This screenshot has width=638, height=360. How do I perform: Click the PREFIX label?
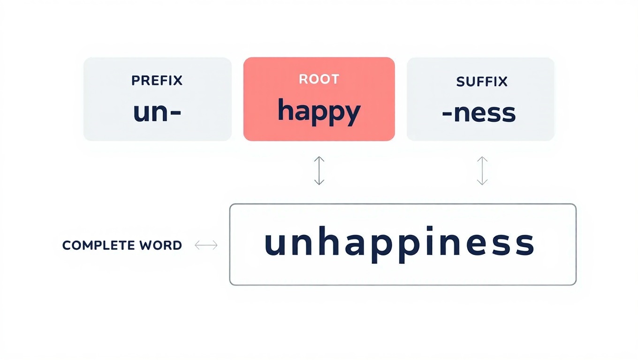click(x=157, y=80)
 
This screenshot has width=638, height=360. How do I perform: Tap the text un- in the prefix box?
click(x=157, y=113)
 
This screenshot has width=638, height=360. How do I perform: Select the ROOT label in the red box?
click(x=319, y=79)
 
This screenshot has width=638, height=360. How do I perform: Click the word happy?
click(x=319, y=112)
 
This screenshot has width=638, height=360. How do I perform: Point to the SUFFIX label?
click(x=482, y=82)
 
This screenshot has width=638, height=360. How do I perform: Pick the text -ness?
click(x=479, y=113)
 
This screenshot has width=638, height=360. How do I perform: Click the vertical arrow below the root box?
click(x=319, y=171)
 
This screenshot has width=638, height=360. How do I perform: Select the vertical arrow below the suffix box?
click(x=482, y=171)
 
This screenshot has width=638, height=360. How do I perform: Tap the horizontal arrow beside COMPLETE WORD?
click(x=206, y=245)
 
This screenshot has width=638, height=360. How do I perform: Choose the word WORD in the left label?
click(x=160, y=245)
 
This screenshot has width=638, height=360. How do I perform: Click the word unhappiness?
click(x=399, y=244)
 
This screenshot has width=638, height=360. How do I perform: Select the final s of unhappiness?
click(x=524, y=245)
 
